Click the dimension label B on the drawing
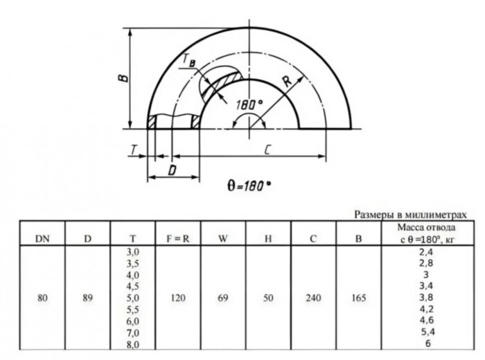pos(121,79)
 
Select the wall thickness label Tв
pos(188,62)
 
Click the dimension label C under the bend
pos(265,148)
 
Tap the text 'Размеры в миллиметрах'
pos(406,215)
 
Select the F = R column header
pos(177,239)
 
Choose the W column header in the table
pos(223,239)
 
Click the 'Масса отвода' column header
pos(426,228)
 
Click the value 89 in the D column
pos(87,298)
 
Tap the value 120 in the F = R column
pos(177,298)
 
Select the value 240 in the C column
pos(313,298)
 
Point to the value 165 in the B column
pos(358,298)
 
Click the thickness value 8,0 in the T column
pos(133,344)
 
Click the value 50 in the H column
pos(268,298)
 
